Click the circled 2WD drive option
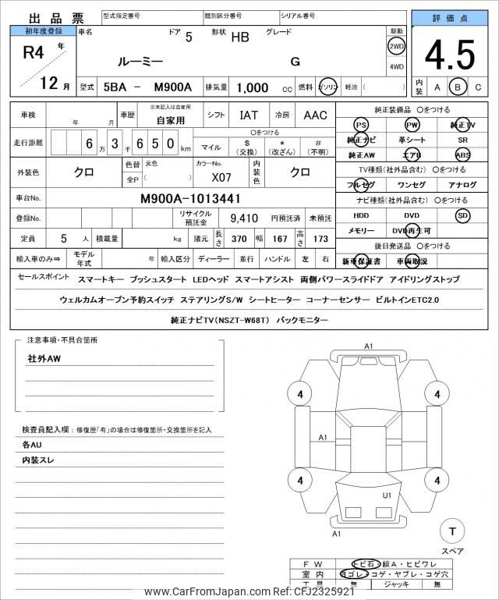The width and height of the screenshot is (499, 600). pos(396,46)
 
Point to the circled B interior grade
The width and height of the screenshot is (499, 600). pos(458,87)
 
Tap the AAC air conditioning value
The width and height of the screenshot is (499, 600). pos(315,115)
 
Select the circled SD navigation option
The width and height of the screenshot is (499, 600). pos(463,215)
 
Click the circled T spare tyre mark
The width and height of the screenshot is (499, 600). pos(451,532)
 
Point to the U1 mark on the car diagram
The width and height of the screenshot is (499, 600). pos(386,495)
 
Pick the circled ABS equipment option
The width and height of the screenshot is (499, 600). pos(463,154)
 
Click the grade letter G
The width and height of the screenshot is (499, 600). pos(295,61)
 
